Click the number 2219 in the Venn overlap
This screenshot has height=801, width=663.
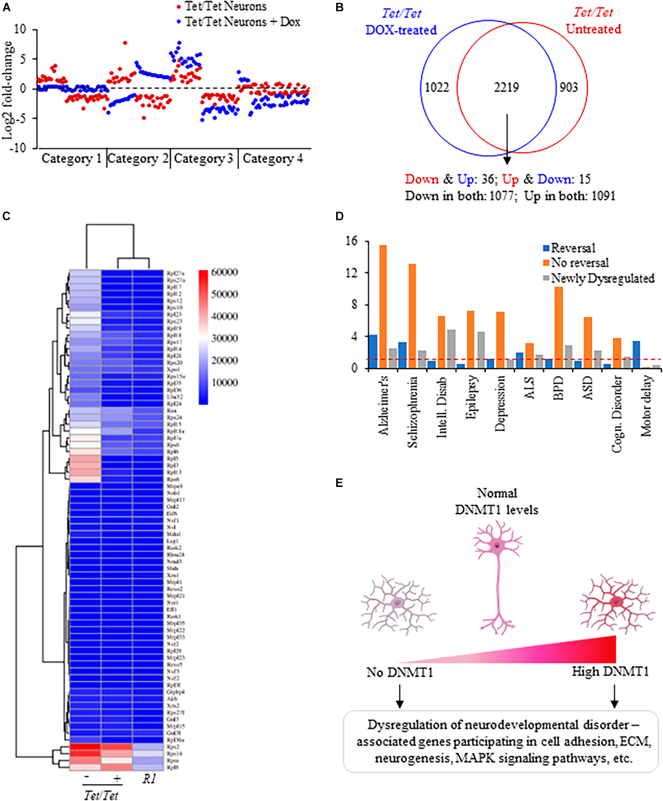coord(506,88)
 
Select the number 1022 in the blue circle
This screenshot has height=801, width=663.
coord(437,88)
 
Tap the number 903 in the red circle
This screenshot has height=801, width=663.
coord(568,88)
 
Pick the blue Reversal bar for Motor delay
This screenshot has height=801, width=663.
coord(636,354)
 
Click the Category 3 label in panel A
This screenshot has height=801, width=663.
coord(203,158)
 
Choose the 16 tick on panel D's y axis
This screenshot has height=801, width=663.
coord(352,241)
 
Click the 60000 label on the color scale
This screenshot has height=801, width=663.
coord(225,272)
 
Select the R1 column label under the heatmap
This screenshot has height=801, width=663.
coord(149,779)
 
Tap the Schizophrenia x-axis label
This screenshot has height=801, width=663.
coord(412,412)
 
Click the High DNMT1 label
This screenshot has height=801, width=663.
coord(610,672)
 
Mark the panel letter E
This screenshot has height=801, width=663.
coord(339,483)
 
